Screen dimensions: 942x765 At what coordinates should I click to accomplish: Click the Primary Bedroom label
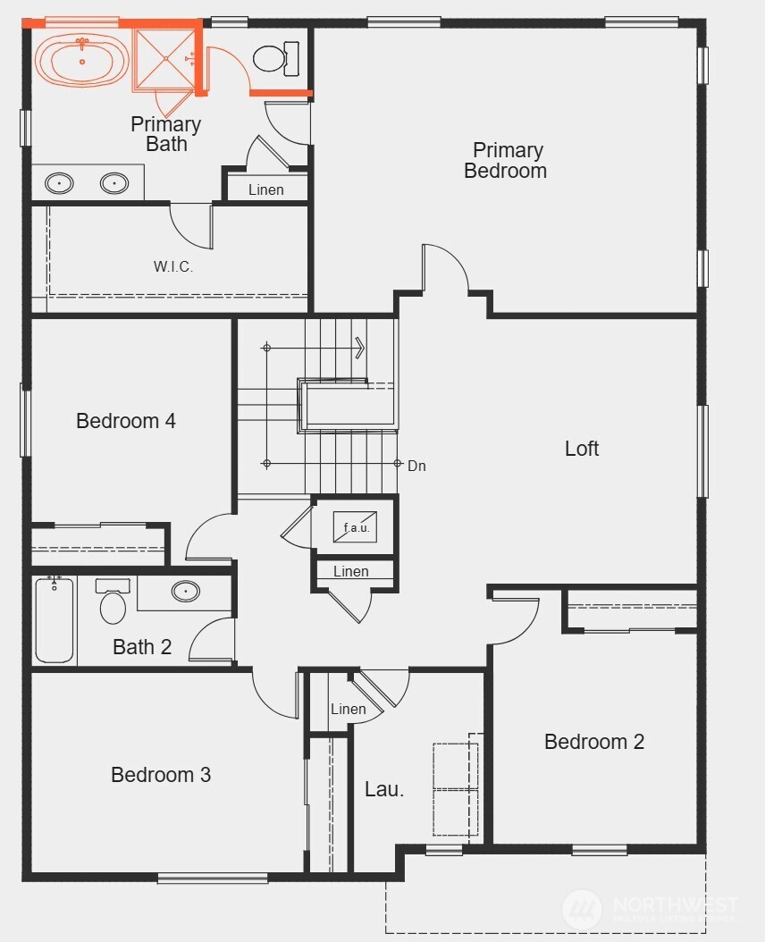[x=506, y=160]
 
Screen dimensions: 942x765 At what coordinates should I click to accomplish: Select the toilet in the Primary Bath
[x=269, y=59]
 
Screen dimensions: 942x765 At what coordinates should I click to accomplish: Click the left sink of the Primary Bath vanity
[x=59, y=184]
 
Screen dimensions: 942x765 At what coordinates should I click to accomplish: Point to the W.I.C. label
[x=173, y=266]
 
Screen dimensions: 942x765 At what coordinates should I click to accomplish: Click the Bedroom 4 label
[x=126, y=420]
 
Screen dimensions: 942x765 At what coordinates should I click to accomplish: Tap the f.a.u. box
[x=356, y=527]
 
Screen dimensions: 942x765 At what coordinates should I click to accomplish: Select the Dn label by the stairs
[x=416, y=466]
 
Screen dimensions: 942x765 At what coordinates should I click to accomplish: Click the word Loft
[x=582, y=448]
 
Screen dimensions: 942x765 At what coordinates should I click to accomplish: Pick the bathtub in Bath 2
[x=55, y=620]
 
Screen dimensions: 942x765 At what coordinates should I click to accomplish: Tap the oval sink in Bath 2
[x=185, y=591]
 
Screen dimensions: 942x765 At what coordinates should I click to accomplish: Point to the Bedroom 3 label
[x=161, y=774]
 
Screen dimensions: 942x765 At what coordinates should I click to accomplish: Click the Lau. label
[x=384, y=789]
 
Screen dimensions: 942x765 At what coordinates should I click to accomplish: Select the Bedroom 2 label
[x=594, y=741]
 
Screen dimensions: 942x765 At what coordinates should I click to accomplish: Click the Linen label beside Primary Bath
[x=266, y=189]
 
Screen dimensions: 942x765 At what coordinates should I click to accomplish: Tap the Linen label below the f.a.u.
[x=350, y=571]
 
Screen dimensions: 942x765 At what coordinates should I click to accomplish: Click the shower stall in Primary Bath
[x=164, y=59]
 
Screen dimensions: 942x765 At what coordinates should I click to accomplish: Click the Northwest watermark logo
[x=583, y=908]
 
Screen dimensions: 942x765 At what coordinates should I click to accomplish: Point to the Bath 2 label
[x=142, y=646]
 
